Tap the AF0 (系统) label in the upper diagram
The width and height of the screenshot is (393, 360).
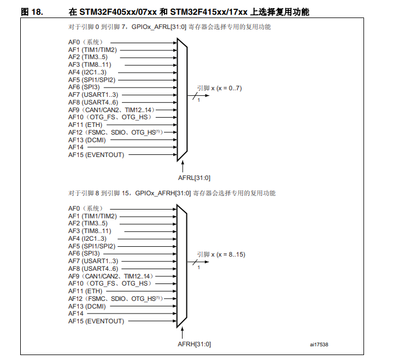click(x=85, y=42)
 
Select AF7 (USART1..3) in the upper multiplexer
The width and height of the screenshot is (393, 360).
click(x=93, y=95)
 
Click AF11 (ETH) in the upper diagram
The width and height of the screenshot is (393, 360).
click(x=82, y=125)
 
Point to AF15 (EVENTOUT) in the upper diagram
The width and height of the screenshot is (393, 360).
click(x=96, y=155)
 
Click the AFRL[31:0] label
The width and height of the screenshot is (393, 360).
click(x=194, y=177)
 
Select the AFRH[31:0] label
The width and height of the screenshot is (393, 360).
click(x=194, y=344)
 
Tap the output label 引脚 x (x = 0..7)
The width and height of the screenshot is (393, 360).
click(x=219, y=88)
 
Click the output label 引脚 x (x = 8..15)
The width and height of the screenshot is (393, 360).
click(x=221, y=254)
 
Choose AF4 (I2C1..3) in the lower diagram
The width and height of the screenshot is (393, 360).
click(x=87, y=239)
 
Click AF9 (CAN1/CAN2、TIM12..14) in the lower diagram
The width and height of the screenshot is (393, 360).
click(x=110, y=276)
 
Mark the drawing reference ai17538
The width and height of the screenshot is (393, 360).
click(x=319, y=344)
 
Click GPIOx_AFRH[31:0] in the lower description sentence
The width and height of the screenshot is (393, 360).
click(x=162, y=193)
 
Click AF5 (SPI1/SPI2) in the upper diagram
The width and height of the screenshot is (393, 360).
click(x=92, y=80)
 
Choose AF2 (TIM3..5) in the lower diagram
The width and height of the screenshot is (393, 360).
click(x=87, y=224)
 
